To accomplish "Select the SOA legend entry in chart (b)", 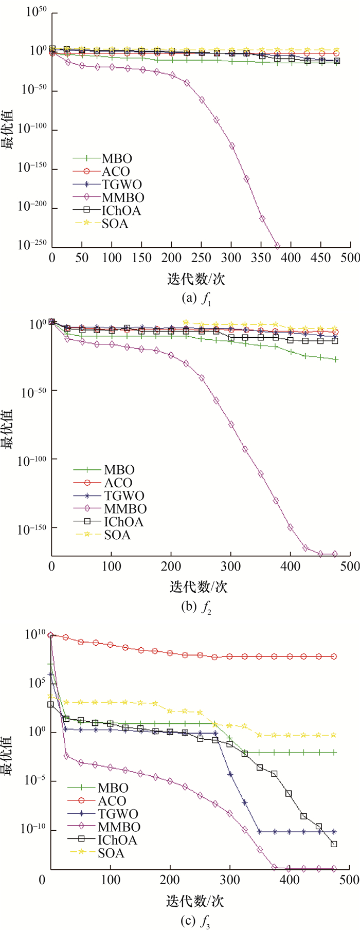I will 117,535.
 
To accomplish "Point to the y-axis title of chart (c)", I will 9,751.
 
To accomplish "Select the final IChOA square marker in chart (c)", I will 334,844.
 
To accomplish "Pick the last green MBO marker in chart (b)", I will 336,359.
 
